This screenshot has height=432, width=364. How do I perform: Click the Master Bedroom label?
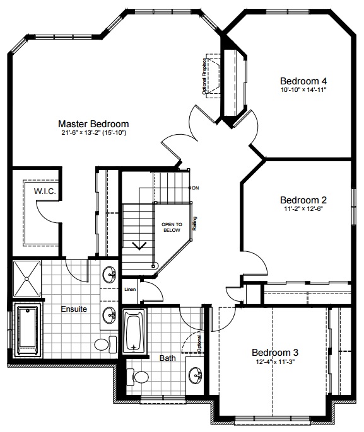click(x=93, y=124)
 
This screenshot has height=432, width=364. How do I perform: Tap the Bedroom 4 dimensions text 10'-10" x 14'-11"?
click(x=303, y=89)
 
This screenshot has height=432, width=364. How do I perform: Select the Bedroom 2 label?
click(x=303, y=200)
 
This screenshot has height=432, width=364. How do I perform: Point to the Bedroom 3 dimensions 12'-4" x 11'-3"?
click(x=275, y=361)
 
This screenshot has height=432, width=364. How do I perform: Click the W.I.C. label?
click(x=45, y=191)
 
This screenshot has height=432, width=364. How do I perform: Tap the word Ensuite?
click(x=74, y=309)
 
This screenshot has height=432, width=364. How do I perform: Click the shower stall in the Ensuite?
click(x=27, y=279)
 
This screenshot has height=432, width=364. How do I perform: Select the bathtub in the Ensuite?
click(x=28, y=330)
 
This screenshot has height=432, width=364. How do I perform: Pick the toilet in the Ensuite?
click(x=106, y=344)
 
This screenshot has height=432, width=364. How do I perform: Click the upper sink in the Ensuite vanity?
click(x=110, y=274)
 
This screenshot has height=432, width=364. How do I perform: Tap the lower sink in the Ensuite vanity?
click(x=110, y=315)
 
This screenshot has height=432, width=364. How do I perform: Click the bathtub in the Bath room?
click(x=134, y=331)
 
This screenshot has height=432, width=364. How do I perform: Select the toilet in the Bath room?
click(x=138, y=377)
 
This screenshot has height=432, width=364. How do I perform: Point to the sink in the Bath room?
click(x=196, y=375)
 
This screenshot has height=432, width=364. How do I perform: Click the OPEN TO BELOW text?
click(x=172, y=227)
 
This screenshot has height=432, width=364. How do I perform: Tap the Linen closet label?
click(x=130, y=289)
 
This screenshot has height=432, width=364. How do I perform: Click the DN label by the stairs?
click(x=196, y=188)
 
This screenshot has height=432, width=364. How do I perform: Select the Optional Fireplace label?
click(x=204, y=76)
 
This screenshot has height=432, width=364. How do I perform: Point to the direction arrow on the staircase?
click(x=139, y=246)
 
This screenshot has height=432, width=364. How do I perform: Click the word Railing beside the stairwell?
click(x=194, y=224)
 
